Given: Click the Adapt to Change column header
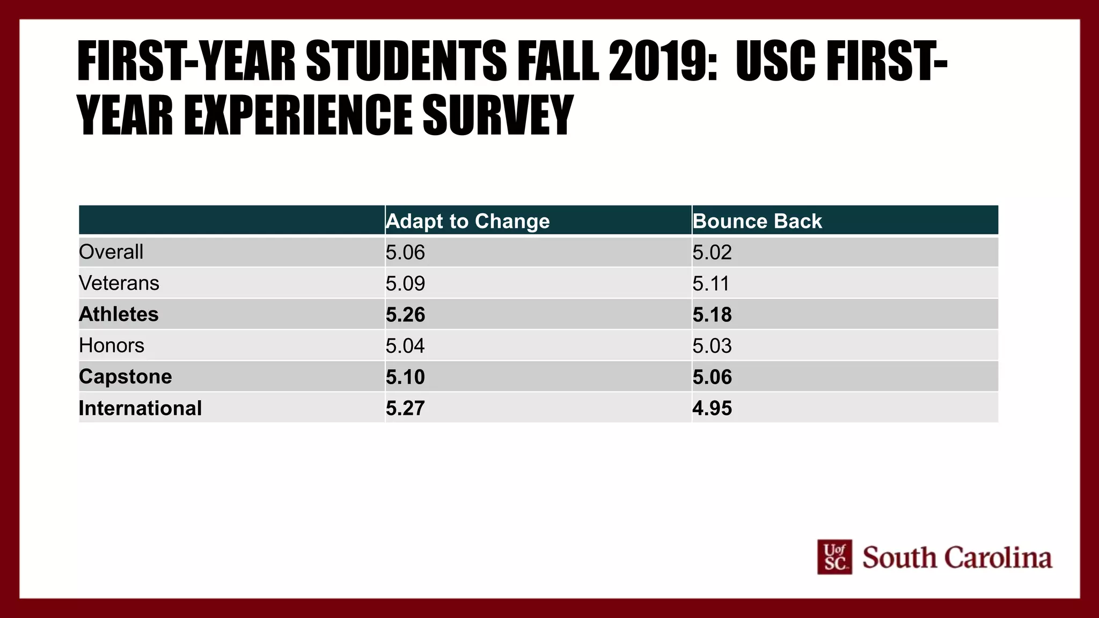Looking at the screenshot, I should [x=467, y=221].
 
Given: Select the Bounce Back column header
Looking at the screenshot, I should [x=757, y=221].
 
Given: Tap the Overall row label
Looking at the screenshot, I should [x=111, y=252].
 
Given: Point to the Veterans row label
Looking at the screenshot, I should [x=119, y=283].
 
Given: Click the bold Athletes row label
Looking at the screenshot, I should [x=119, y=314].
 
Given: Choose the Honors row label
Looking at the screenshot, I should [x=112, y=345].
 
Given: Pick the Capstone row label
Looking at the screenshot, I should [x=126, y=377].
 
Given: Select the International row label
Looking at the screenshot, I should [x=140, y=408].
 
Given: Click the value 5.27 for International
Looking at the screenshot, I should [x=405, y=408].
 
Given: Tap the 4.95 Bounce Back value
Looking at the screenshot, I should [x=712, y=408].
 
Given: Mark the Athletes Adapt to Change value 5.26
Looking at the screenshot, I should [x=405, y=314].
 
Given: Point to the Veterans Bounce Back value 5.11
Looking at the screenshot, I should [x=710, y=283].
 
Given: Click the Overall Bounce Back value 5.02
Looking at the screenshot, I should [x=712, y=252].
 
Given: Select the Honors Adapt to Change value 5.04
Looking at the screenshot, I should [x=405, y=345].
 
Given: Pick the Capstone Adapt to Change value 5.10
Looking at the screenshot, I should [x=405, y=377].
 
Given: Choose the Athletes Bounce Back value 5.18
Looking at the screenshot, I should [x=712, y=314].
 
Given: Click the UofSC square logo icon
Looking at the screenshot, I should [x=834, y=557].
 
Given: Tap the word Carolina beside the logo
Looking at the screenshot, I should [x=998, y=558].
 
